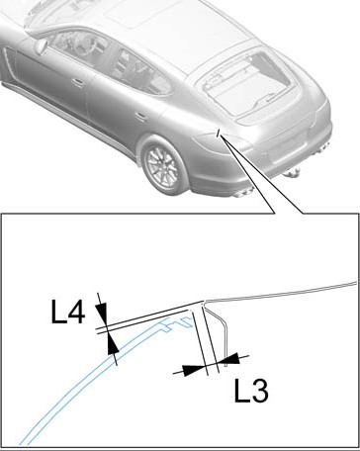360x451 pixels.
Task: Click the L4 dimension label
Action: [68, 312]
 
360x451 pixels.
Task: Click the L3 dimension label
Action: [251, 391]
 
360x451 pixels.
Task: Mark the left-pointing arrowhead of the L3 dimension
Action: [229, 359]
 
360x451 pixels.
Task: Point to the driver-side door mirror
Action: [42, 46]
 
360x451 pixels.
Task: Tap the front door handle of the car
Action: [78, 83]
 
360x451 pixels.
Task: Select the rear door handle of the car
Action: [141, 117]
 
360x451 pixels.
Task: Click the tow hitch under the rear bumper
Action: [292, 172]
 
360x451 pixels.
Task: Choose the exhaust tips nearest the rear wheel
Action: [243, 193]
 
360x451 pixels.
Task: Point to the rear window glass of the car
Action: [245, 83]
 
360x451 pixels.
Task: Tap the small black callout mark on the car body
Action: [218, 133]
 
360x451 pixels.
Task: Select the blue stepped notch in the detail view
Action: [178, 323]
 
